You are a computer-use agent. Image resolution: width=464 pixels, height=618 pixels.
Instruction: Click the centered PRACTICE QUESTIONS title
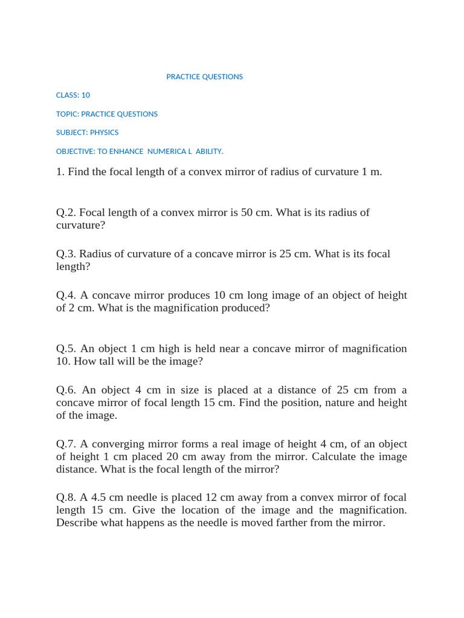[x=204, y=77]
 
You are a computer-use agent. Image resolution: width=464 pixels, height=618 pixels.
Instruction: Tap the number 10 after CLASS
[x=86, y=95]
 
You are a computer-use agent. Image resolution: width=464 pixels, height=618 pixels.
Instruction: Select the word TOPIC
[x=66, y=114]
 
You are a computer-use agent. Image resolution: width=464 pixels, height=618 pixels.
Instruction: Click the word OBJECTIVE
[x=74, y=151]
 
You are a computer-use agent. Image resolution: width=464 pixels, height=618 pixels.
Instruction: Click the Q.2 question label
[x=66, y=212]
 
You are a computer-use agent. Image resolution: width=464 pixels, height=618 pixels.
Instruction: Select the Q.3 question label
[x=66, y=254]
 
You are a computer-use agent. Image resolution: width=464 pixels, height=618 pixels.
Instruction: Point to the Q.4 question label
[x=66, y=296]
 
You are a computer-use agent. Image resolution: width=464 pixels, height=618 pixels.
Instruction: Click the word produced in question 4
[x=248, y=308]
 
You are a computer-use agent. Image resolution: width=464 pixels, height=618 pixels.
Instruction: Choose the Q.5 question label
[x=66, y=349]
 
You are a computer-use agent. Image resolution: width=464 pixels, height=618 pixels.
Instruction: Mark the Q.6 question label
[x=66, y=390]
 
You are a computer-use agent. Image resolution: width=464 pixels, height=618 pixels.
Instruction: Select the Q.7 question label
[x=66, y=444]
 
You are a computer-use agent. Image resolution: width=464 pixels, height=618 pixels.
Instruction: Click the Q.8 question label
[x=66, y=498]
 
